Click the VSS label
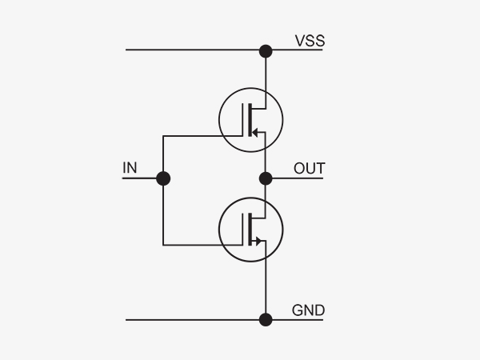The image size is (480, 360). tap(310, 41)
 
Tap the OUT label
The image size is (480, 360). tap(309, 168)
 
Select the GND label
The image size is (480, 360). tap(308, 310)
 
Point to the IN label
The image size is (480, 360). tap(130, 168)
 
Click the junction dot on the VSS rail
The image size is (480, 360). tap(266, 51)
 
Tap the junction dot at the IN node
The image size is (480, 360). tap(163, 178)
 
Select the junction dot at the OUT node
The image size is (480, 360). tap(266, 178)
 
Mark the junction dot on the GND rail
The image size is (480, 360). tap(266, 319)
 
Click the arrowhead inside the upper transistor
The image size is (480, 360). tap(255, 133)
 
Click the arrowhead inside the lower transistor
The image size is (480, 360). tap(258, 242)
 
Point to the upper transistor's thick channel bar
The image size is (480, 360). tap(250, 120)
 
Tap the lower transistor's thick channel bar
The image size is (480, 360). tap(250, 230)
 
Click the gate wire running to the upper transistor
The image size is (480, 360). tap(202, 136)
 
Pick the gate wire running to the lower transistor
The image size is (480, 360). tap(202, 245)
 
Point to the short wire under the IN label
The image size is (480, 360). tap(139, 178)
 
